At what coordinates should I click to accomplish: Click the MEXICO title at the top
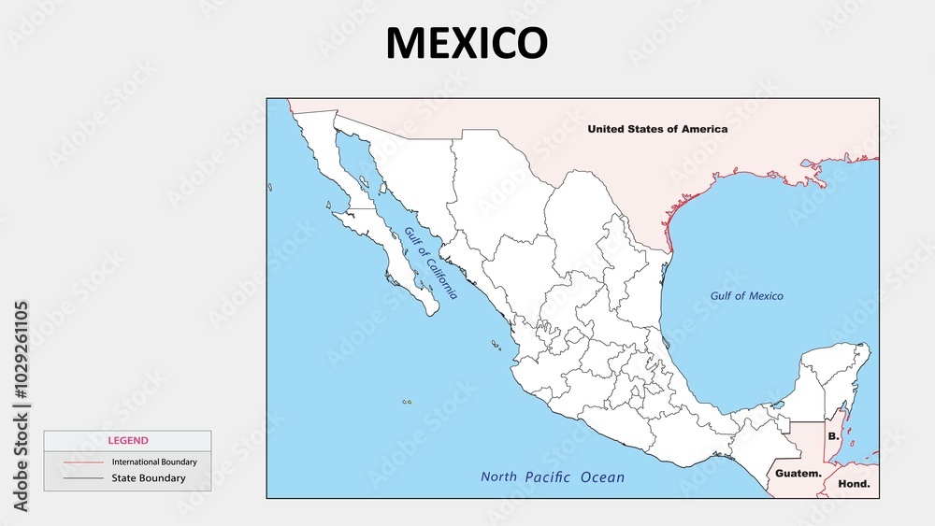point(467,43)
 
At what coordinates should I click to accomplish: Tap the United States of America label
point(656,129)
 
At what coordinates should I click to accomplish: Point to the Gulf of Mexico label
point(746,296)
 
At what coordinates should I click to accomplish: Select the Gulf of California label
point(431,263)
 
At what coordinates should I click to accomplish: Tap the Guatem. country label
point(798,474)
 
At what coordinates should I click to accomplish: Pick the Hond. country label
point(854,484)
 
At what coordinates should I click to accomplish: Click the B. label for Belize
point(833,436)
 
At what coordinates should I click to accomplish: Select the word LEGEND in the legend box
point(127,440)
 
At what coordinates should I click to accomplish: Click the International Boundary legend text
point(154,462)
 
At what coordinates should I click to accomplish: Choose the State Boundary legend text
point(149,478)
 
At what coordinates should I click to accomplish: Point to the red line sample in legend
point(83,462)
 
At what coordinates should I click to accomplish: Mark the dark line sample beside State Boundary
point(83,478)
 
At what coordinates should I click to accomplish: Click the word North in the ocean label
point(498,477)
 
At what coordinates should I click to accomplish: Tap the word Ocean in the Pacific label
point(603,477)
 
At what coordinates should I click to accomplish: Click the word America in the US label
point(702,129)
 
